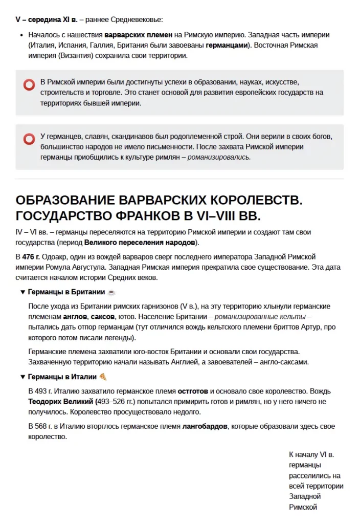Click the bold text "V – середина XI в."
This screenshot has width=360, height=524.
click(47, 20)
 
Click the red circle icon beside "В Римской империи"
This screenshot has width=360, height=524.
click(29, 85)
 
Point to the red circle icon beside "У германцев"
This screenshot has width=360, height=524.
click(29, 139)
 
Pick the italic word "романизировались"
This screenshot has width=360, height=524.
click(219, 157)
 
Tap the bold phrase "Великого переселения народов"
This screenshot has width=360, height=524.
click(139, 242)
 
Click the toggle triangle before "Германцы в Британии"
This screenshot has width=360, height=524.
click(22, 292)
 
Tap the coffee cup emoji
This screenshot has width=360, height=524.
click(111, 292)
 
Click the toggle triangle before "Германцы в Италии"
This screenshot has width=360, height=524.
click(22, 377)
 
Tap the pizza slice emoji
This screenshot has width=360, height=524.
click(103, 377)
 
